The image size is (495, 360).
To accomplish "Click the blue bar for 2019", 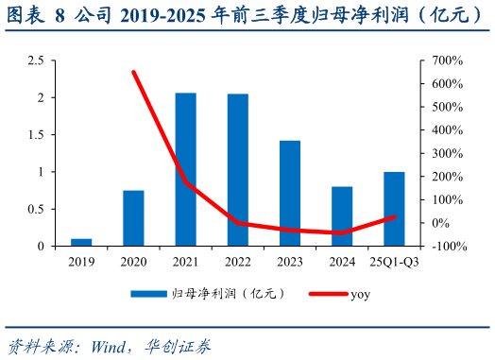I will coord(81,242).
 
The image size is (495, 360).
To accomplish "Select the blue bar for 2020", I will coord(133,218).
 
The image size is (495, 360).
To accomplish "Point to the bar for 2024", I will coord(342,216).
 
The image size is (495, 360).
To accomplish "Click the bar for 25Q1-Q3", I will coord(394,209).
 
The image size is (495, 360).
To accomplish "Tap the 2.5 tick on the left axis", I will coord(35,60).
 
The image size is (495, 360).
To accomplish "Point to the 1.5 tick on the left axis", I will coord(35,135).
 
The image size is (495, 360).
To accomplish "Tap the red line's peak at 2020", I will coord(133,72).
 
